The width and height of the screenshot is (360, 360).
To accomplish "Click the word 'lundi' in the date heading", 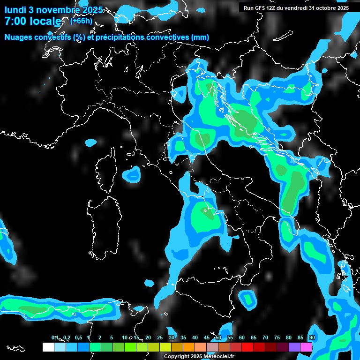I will click(x=15, y=10).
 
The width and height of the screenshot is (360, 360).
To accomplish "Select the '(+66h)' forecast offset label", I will click(x=81, y=21).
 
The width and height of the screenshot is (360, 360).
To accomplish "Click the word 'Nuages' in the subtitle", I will click(x=19, y=37).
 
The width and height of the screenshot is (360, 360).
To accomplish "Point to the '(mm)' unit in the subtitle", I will click(x=199, y=37).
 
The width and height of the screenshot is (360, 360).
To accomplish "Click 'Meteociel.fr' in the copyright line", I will click(x=222, y=356).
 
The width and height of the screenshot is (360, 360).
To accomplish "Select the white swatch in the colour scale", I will click(x=48, y=347).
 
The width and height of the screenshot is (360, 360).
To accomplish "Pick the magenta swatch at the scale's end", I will click(x=306, y=347).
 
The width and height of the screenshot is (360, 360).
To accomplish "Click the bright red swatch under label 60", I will click(x=247, y=347).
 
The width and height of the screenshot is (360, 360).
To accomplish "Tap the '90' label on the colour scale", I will click(x=312, y=337).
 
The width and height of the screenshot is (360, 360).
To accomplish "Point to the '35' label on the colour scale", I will click(x=183, y=337).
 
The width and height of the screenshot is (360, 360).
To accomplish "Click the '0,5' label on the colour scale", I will click(x=78, y=337).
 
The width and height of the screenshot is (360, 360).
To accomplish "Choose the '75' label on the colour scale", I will click(x=277, y=337).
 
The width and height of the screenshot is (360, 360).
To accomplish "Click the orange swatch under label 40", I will click(x=188, y=347).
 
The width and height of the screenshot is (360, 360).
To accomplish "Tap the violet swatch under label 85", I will click(x=294, y=347).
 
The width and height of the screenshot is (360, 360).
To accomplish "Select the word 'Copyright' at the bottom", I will click(x=176, y=356).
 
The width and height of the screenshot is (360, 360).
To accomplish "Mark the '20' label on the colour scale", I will click(x=148, y=337).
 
